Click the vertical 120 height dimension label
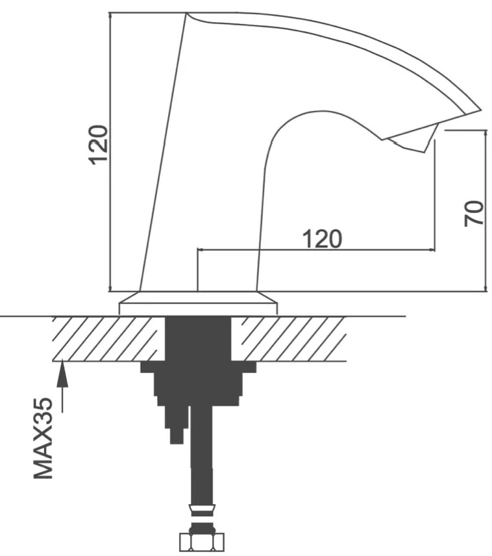pyautogui.click(x=98, y=145)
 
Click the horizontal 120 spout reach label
pyautogui.click(x=322, y=239)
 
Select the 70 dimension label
pyautogui.click(x=474, y=213)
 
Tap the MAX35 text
pyautogui.click(x=43, y=438)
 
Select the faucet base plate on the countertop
pyautogui.click(x=198, y=303)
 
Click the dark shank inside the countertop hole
pyautogui.click(x=198, y=338)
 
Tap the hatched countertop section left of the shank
pyautogui.click(x=109, y=338)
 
